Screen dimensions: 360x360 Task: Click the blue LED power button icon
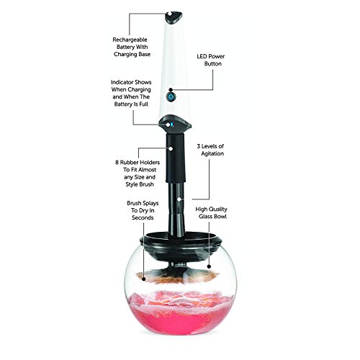171,97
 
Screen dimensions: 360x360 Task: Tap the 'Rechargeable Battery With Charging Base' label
132,47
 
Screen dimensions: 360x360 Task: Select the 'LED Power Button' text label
211,60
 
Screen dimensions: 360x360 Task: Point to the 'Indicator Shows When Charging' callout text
131,93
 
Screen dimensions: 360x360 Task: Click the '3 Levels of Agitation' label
210,150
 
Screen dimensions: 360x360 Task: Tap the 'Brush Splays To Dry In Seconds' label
143,210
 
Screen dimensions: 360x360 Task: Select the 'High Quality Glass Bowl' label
211,212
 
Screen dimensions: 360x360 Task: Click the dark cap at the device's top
174,17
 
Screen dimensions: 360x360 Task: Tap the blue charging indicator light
172,125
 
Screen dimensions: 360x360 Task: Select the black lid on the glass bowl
181,243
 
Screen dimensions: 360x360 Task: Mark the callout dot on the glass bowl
209,266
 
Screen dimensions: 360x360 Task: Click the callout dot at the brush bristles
144,279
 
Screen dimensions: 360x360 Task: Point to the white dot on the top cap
170,14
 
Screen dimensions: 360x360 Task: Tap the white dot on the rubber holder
171,148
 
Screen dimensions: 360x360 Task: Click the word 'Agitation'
212,153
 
